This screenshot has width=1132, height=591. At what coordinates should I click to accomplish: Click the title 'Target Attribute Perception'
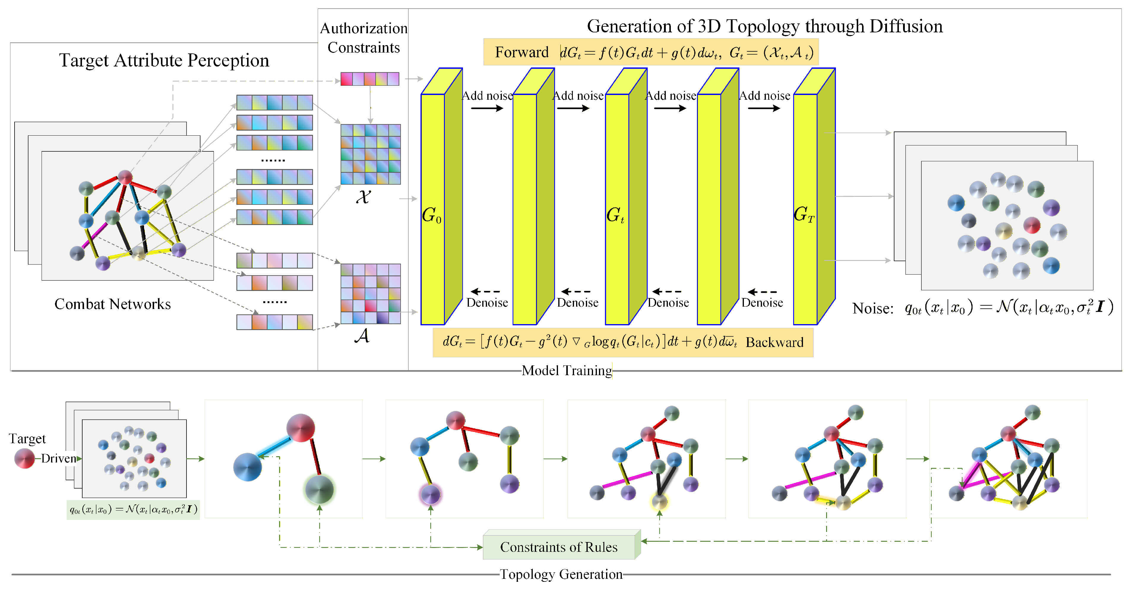(x=164, y=60)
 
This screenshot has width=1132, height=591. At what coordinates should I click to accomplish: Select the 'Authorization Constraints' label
(x=363, y=38)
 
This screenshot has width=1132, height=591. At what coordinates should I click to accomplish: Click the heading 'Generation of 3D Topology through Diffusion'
(x=765, y=26)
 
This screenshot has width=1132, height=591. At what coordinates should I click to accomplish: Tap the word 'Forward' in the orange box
(x=522, y=52)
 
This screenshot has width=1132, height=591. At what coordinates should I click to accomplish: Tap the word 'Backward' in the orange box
(x=774, y=342)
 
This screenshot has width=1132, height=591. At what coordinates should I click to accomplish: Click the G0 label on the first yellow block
(x=431, y=215)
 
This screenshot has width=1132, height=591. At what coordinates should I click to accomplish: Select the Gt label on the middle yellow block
(x=615, y=215)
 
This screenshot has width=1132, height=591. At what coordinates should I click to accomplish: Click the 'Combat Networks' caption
(x=113, y=304)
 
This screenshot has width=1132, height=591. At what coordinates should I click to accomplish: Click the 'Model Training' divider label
(x=567, y=370)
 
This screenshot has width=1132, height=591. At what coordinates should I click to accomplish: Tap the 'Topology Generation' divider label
(x=561, y=574)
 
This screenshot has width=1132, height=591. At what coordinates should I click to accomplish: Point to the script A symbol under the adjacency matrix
(x=362, y=336)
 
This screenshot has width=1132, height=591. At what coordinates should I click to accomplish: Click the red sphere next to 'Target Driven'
(x=25, y=458)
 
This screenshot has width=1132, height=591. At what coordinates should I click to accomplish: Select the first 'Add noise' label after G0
(x=487, y=96)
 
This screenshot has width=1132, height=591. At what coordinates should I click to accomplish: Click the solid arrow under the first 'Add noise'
(x=487, y=108)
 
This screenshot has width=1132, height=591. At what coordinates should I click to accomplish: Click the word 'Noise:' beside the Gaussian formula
(x=873, y=308)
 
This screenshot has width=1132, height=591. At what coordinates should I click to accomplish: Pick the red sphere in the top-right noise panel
(x=1032, y=225)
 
